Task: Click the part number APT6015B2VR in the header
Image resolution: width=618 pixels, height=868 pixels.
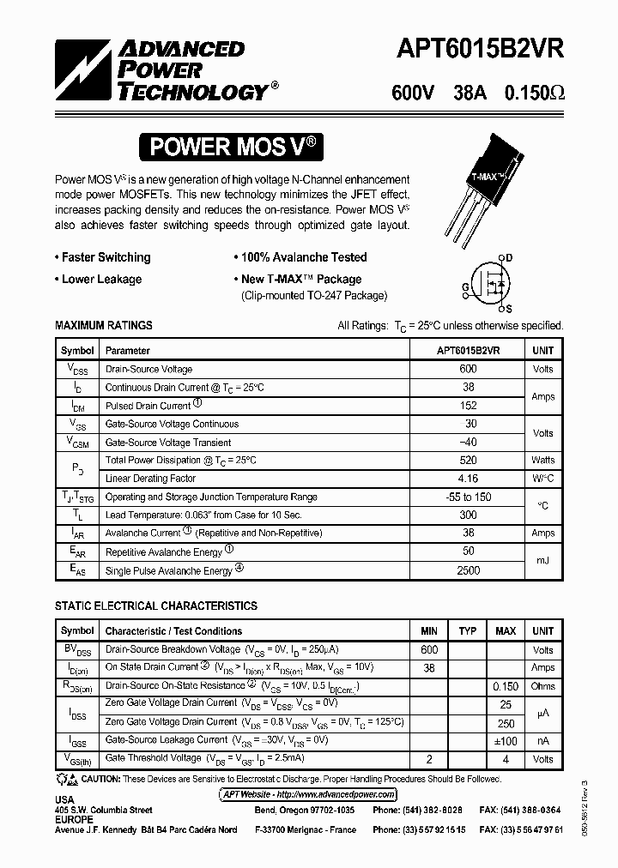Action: coord(480,50)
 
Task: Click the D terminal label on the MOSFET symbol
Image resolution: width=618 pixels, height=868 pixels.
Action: coord(508,258)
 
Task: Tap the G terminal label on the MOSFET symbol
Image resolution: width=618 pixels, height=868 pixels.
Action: coord(464,286)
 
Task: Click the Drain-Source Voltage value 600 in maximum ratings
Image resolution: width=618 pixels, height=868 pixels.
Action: coord(469,369)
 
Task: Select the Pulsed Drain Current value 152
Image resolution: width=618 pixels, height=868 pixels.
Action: coord(469,406)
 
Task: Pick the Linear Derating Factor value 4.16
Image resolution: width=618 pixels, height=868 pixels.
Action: coord(469,479)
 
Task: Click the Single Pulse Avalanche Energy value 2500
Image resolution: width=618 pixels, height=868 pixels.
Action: coord(469,570)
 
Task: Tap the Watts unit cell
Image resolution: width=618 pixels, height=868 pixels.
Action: coord(542,461)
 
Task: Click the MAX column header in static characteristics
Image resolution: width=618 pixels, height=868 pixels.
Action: coord(506,631)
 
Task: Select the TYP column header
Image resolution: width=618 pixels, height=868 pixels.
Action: coord(468,631)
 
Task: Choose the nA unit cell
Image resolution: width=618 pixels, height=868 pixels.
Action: coord(542,740)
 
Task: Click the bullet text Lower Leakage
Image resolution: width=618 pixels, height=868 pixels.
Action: coord(101,279)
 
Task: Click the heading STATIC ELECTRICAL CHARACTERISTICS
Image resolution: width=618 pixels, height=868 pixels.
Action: coord(156,606)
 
